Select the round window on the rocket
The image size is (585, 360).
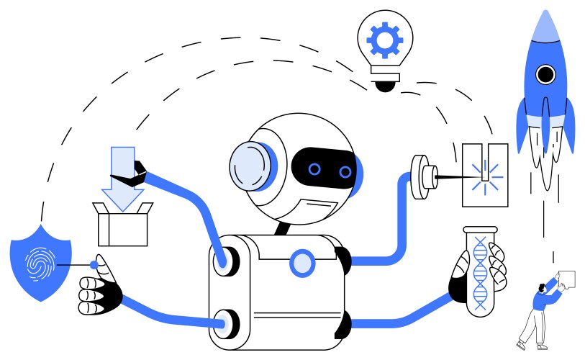coord(546,73)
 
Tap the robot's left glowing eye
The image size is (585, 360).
coord(314,169)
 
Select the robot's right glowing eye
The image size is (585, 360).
coord(345,171)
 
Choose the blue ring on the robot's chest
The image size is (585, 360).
coord(302,264)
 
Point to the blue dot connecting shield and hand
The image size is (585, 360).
coord(94,265)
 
